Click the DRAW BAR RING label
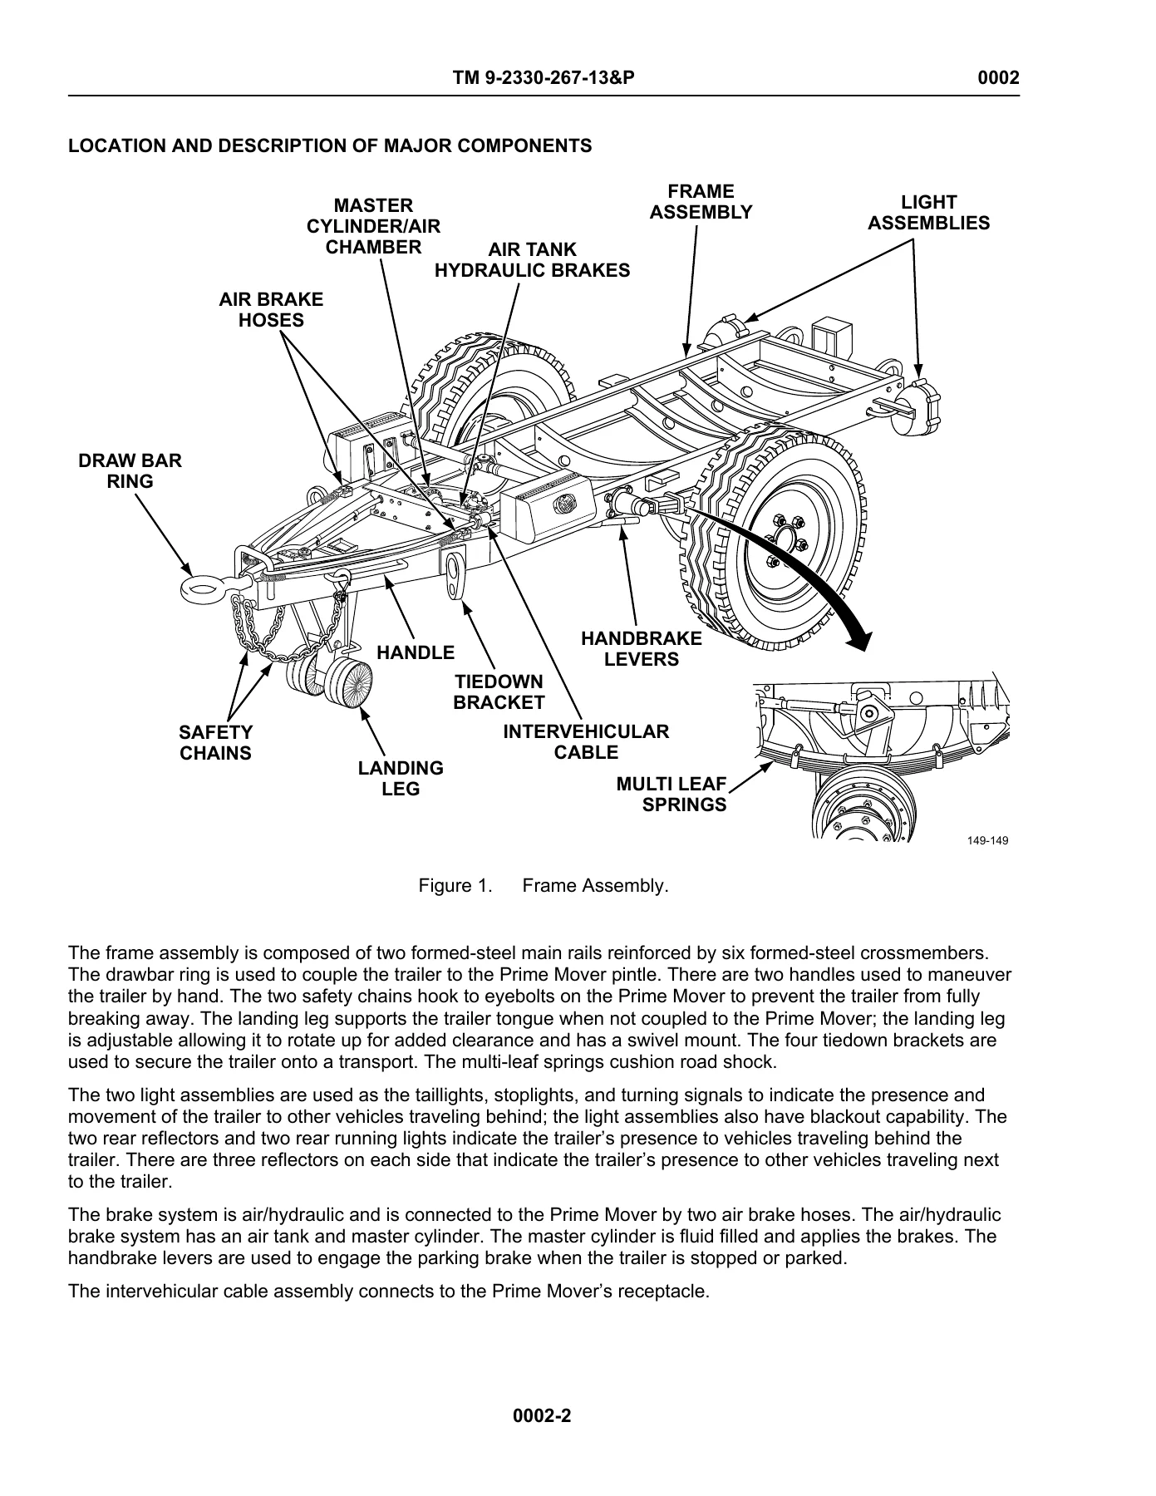(130, 471)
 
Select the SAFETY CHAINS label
(215, 743)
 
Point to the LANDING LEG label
(401, 779)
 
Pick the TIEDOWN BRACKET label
(499, 692)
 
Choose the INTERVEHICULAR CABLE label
(587, 742)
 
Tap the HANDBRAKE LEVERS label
(642, 649)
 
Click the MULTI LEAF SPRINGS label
(671, 795)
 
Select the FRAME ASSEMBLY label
(701, 202)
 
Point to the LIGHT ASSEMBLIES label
(929, 213)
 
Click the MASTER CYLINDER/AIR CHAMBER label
(374, 226)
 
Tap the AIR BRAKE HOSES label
(271, 310)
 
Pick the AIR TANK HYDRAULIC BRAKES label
(533, 260)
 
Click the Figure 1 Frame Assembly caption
(544, 886)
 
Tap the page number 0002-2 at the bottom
(543, 1415)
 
